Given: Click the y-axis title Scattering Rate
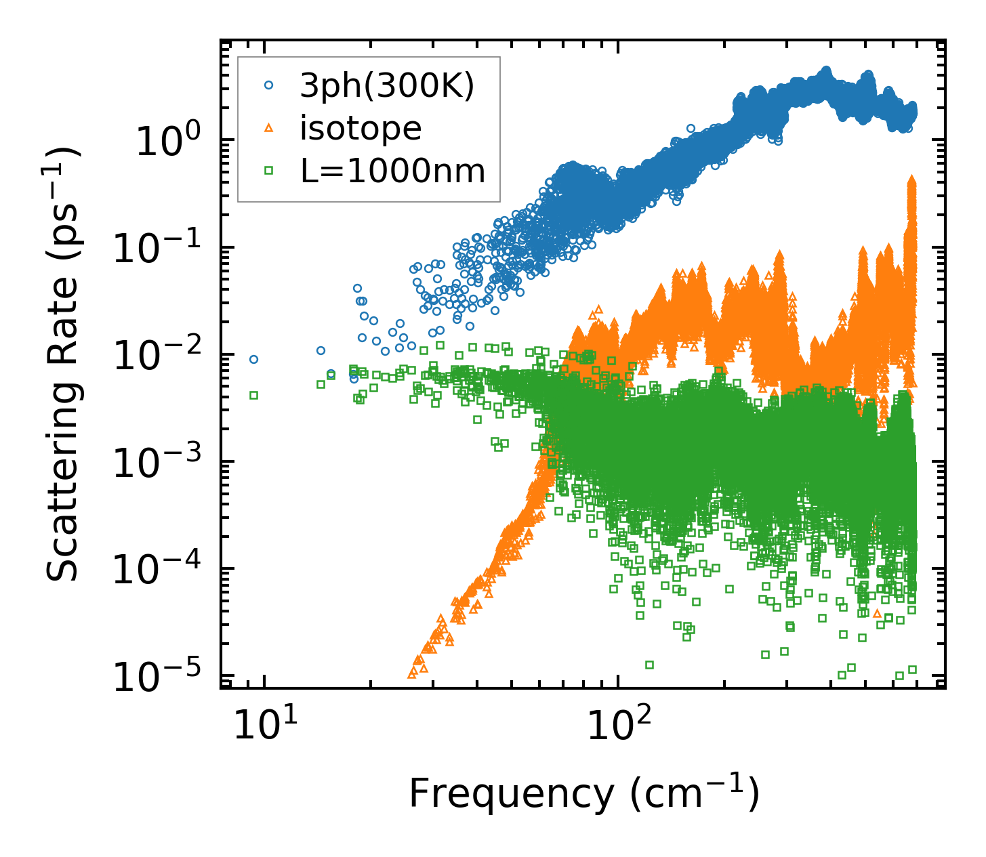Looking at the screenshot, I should (x=63, y=364).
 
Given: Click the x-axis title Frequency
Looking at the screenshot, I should (x=583, y=794).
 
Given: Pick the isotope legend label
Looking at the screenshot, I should (x=361, y=128).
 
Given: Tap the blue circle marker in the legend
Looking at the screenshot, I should (x=269, y=85).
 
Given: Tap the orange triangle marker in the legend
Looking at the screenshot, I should (x=269, y=128).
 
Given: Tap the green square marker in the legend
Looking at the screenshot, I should (x=269, y=171).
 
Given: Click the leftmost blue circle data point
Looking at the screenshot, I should (x=253, y=359).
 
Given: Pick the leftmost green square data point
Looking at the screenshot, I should (x=253, y=395).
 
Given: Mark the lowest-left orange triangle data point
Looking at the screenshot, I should (x=412, y=673).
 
